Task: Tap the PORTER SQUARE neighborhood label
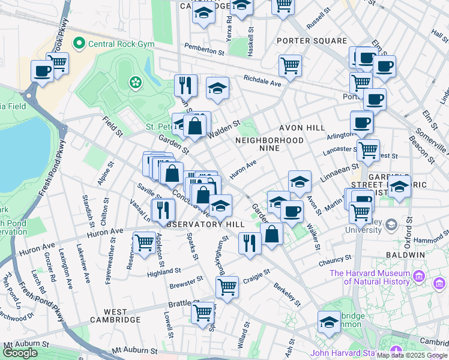tap(312, 41)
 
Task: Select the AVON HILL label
tap(301, 128)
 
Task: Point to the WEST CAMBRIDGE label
tap(115, 316)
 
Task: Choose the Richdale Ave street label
tap(262, 81)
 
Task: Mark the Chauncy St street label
tap(335, 260)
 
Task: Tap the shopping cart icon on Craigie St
tap(227, 286)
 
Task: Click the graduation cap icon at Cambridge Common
tap(329, 322)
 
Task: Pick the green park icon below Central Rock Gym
tap(136, 81)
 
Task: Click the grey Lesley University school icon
tap(391, 224)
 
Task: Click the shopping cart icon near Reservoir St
tap(144, 243)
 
